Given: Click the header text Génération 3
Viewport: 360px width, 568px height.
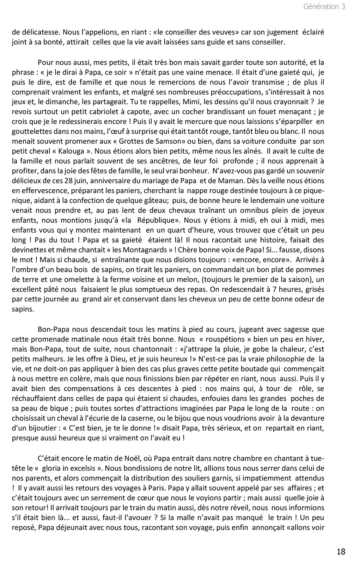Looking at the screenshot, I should point(324,7).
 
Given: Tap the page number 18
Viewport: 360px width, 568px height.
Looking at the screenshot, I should point(341,551).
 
